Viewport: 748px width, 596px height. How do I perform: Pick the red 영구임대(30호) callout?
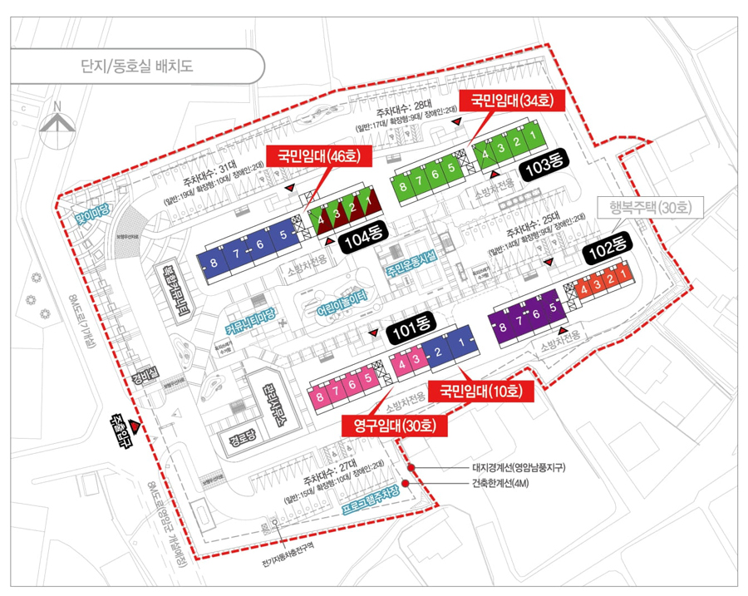tap(395, 426)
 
